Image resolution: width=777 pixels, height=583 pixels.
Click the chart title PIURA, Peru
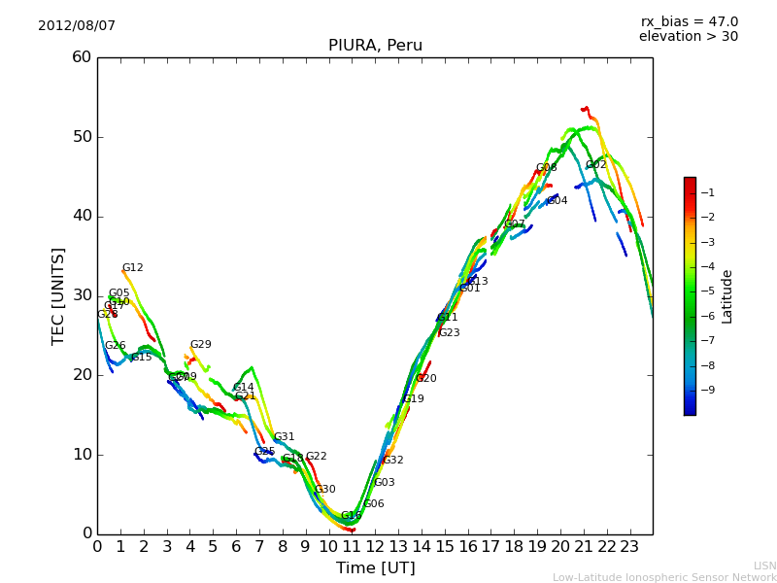point(375,46)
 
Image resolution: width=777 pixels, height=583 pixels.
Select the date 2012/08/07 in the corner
point(77,26)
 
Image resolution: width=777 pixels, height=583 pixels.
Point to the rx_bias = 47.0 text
point(689,22)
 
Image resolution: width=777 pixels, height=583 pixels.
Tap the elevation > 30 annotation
point(688,37)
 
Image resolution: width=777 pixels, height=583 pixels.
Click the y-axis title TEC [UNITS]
point(58,295)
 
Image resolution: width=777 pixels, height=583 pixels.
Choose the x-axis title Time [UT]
point(375,568)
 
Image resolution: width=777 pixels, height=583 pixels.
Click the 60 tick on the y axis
point(82,57)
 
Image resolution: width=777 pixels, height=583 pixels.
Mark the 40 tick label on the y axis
point(82,216)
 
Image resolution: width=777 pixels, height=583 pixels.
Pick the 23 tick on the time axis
point(629,546)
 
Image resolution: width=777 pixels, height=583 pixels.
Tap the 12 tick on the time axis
point(375,546)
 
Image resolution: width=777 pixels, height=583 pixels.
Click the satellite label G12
point(132,268)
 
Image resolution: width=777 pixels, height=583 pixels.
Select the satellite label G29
point(200,345)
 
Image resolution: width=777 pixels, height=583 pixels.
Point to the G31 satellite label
point(284,437)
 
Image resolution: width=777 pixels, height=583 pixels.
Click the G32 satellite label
point(392,461)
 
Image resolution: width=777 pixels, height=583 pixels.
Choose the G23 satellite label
point(449,333)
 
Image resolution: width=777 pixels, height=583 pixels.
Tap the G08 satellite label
point(547,168)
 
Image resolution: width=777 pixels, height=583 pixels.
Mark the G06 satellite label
point(374,504)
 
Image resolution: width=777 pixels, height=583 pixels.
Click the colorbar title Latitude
point(727,296)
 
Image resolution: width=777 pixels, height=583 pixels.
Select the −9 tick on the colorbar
point(707,390)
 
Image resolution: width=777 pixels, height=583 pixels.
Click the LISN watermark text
point(765,566)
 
